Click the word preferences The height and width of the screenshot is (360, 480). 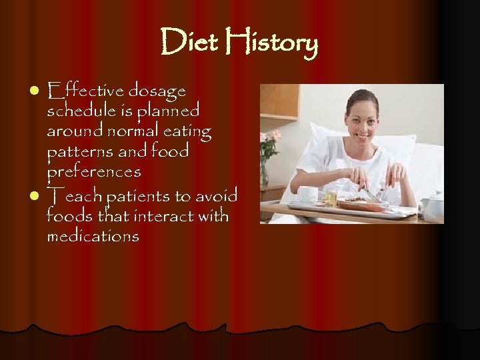click(94, 172)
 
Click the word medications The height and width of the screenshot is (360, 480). click(93, 236)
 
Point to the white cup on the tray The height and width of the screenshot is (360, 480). click(307, 195)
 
